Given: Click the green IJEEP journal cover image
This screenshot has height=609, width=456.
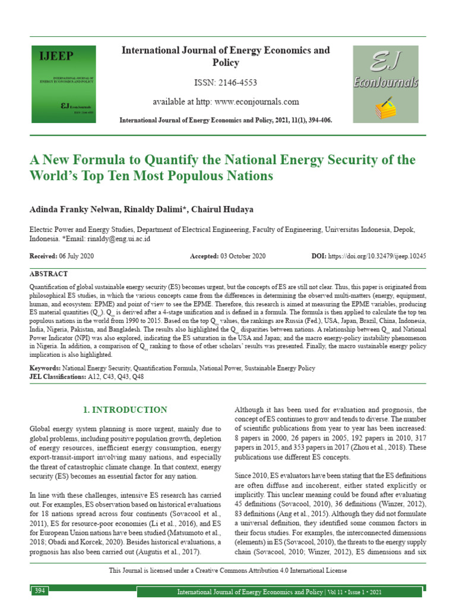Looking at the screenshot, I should (66, 84).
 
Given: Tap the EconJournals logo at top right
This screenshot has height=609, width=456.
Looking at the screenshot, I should (385, 84).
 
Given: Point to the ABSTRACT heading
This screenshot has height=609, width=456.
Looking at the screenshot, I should (49, 274).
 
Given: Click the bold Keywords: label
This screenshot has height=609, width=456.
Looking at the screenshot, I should (45, 369).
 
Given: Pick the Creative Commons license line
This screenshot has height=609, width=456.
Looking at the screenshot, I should (228, 570).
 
